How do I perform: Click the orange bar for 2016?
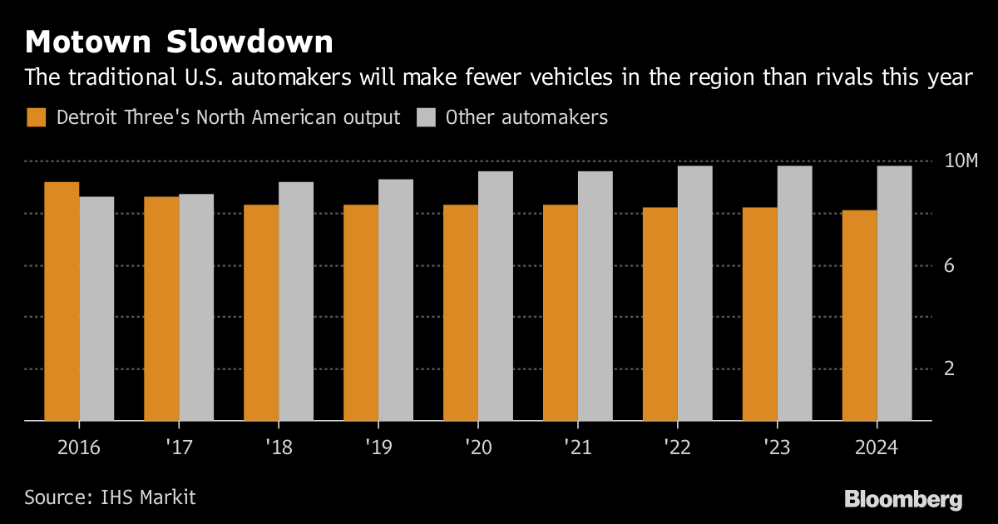[x=62, y=301]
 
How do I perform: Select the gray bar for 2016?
[x=96, y=309]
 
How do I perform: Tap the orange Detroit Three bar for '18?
[x=261, y=313]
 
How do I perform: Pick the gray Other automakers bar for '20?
[x=496, y=296]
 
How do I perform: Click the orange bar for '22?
[x=660, y=314]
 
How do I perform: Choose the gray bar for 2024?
[x=895, y=294]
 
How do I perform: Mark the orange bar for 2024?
[x=860, y=315]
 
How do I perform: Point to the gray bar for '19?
[x=396, y=300]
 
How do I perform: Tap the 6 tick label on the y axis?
[x=947, y=266]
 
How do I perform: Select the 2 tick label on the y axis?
[x=947, y=369]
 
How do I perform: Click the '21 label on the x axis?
[x=578, y=447]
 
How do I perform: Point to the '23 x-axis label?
[x=778, y=447]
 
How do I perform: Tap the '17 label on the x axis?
[x=179, y=447]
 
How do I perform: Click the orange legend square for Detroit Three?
[x=36, y=117]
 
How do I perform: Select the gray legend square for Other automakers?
[x=425, y=117]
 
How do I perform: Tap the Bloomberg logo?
[x=903, y=499]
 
